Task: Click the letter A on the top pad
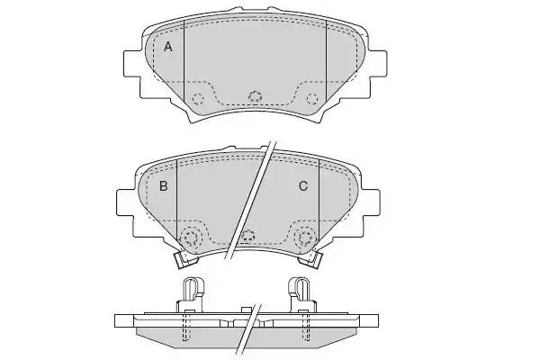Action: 167,47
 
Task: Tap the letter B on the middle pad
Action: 164,186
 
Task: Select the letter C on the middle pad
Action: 303,186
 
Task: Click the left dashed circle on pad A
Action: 198,99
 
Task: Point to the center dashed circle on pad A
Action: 255,96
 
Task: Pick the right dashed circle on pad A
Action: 312,99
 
